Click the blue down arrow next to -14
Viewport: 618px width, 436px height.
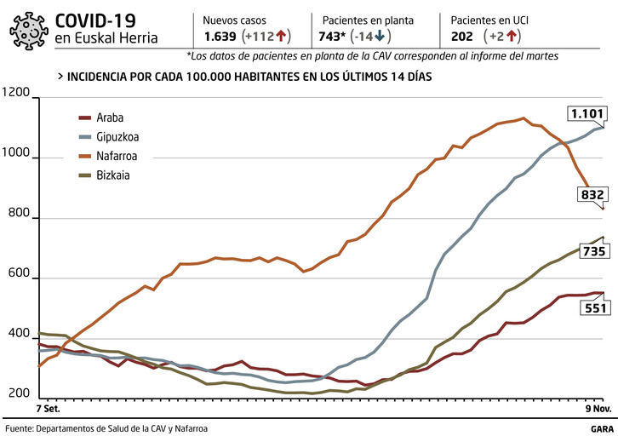tap(379, 37)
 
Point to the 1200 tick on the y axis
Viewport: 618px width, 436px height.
tap(16, 99)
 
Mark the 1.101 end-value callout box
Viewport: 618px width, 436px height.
tap(587, 113)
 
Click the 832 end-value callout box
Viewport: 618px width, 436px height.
tap(591, 195)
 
